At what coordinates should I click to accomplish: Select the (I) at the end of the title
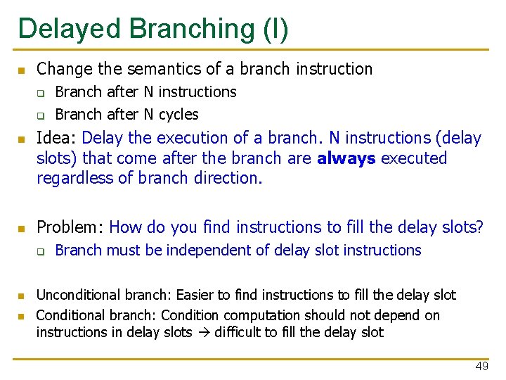click(274, 29)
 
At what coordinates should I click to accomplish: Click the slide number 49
click(481, 367)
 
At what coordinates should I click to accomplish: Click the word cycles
click(179, 114)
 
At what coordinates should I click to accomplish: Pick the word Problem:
click(70, 227)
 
